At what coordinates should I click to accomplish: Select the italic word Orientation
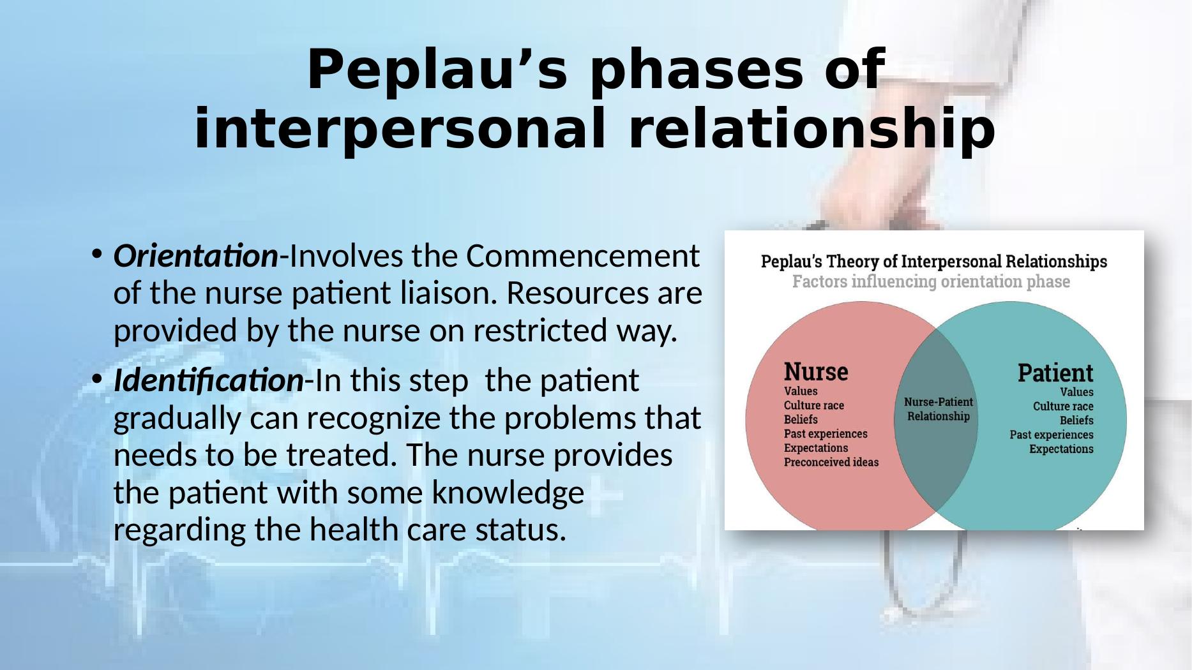(195, 257)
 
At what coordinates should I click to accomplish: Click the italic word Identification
(208, 381)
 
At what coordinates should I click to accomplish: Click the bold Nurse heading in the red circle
(816, 371)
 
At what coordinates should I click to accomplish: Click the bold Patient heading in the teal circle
(1055, 373)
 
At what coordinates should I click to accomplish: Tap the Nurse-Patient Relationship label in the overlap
(938, 409)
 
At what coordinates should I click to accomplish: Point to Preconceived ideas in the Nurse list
(831, 462)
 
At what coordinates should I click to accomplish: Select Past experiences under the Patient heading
(1051, 435)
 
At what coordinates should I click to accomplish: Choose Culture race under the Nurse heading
(813, 405)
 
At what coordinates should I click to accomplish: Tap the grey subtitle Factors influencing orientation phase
(931, 281)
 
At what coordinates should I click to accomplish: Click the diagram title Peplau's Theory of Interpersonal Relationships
(933, 262)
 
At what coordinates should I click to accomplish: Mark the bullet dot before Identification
(96, 380)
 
